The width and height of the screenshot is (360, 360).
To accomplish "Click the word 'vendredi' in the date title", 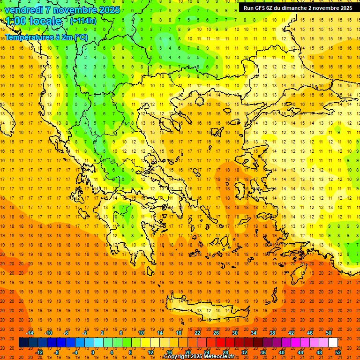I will coord(23,10).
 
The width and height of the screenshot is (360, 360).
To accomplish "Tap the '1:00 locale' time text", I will coord(33,21).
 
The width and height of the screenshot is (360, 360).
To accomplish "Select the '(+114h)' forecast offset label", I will coord(83,21).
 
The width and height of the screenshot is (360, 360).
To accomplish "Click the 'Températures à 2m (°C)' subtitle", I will coord(46,37).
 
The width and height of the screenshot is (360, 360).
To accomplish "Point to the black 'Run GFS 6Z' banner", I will coord(298,8).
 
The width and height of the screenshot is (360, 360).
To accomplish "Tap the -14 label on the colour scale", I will coord(30,333).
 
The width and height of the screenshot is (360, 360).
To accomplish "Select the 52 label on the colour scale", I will coord(338,352).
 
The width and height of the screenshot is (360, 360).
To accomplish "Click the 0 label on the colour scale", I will coord(92,352).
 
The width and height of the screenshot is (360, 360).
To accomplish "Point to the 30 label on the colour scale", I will coord(234,333).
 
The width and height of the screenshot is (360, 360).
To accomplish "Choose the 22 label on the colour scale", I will coord(197,333).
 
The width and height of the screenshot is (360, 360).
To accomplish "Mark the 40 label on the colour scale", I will coord(282,352).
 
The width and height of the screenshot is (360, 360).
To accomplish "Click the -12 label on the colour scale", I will coord(39,352).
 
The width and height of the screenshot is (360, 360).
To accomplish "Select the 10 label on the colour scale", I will coord(141,333).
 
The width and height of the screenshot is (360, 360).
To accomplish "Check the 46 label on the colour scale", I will coord(310,333).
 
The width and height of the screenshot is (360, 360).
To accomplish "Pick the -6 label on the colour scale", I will coord(66,333).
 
